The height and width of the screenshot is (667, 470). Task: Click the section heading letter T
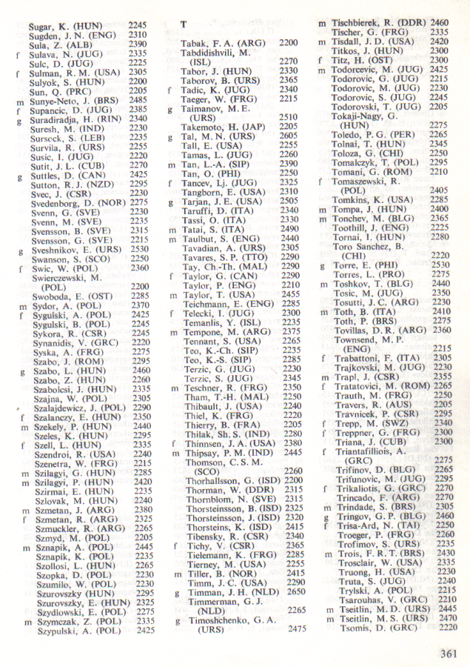tap(183, 24)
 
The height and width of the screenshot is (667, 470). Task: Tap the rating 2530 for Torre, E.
tap(440, 264)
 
